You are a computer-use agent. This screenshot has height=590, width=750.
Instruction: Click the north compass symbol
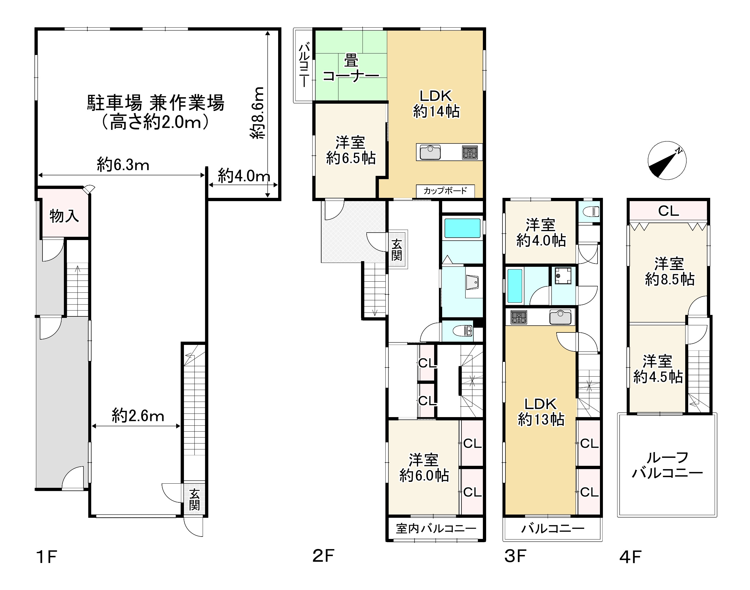[x=667, y=161]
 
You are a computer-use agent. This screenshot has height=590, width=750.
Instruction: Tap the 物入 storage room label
[x=64, y=216]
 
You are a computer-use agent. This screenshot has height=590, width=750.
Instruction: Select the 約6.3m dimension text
[x=123, y=165]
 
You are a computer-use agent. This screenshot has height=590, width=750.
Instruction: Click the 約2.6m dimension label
[x=138, y=416]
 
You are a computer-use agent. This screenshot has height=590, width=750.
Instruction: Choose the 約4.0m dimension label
[x=244, y=176]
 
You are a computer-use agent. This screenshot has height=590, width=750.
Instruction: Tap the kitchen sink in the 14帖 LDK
[x=430, y=152]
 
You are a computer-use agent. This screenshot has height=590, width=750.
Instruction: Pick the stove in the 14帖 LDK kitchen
[x=470, y=152]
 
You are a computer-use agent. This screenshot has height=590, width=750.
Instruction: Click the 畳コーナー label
[x=351, y=69]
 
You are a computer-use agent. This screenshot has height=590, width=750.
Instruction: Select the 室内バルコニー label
[x=436, y=529]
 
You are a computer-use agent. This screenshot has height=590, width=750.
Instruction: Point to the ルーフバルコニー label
[x=667, y=465]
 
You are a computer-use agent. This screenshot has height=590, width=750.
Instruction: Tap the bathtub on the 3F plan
[x=515, y=286]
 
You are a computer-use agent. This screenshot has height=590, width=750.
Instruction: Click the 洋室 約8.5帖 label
[x=669, y=272]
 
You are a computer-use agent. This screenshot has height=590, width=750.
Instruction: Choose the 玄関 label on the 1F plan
[x=195, y=500]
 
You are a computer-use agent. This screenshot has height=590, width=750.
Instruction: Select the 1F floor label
[x=46, y=556]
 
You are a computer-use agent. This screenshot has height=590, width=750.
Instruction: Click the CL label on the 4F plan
[x=669, y=211]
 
